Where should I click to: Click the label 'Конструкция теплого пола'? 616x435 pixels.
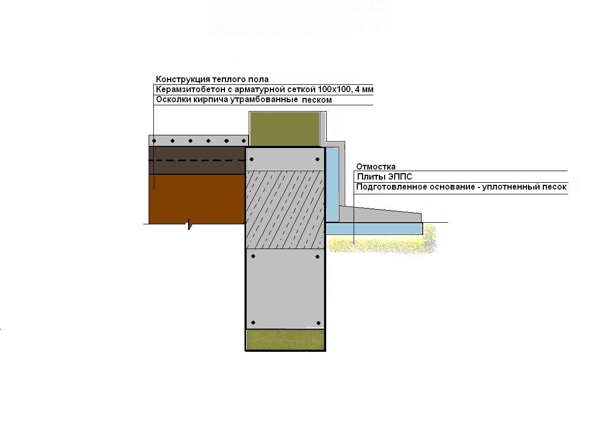(212, 80)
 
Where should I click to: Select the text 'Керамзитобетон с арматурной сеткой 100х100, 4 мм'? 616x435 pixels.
(265, 90)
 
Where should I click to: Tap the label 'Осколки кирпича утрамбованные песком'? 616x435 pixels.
(244, 100)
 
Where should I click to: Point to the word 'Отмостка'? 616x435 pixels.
(376, 166)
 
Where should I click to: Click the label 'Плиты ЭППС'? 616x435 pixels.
(385, 176)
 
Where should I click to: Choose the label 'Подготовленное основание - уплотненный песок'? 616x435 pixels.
(461, 187)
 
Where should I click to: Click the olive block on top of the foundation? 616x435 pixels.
(285, 129)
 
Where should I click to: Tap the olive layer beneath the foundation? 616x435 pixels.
(285, 340)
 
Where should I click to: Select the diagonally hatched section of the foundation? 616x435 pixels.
(285, 210)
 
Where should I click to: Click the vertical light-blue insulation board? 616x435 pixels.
(333, 184)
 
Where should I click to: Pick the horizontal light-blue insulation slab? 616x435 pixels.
(374, 229)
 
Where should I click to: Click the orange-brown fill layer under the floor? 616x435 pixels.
(197, 200)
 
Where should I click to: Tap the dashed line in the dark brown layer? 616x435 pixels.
(197, 160)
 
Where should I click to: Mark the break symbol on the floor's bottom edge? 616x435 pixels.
(189, 224)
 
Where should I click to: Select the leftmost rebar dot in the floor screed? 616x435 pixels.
(154, 141)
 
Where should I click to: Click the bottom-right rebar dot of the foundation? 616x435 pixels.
(318, 323)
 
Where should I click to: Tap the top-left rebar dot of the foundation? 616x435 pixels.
(252, 160)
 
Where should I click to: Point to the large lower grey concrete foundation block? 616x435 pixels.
(285, 289)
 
